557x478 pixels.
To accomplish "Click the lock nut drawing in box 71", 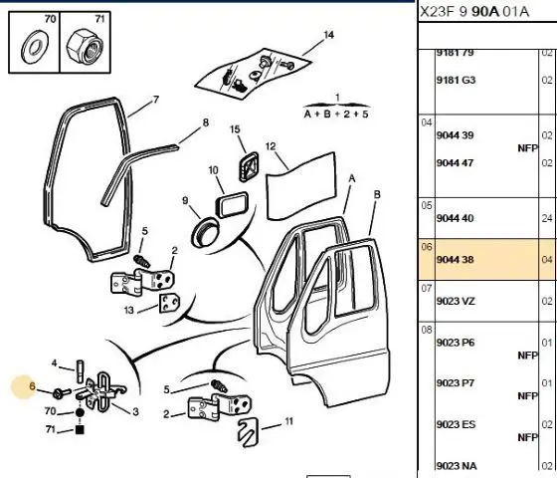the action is [85, 47].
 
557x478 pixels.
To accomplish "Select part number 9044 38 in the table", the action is [455, 260].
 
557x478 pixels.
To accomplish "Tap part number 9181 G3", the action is [456, 80].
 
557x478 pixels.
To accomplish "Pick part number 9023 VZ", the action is [456, 301].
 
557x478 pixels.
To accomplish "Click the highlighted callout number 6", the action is [32, 386].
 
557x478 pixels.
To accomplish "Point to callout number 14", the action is [328, 35].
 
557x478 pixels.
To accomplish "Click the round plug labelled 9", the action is [205, 233].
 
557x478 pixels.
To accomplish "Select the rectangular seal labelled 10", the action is [232, 204].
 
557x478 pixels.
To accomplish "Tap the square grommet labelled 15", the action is [249, 167].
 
